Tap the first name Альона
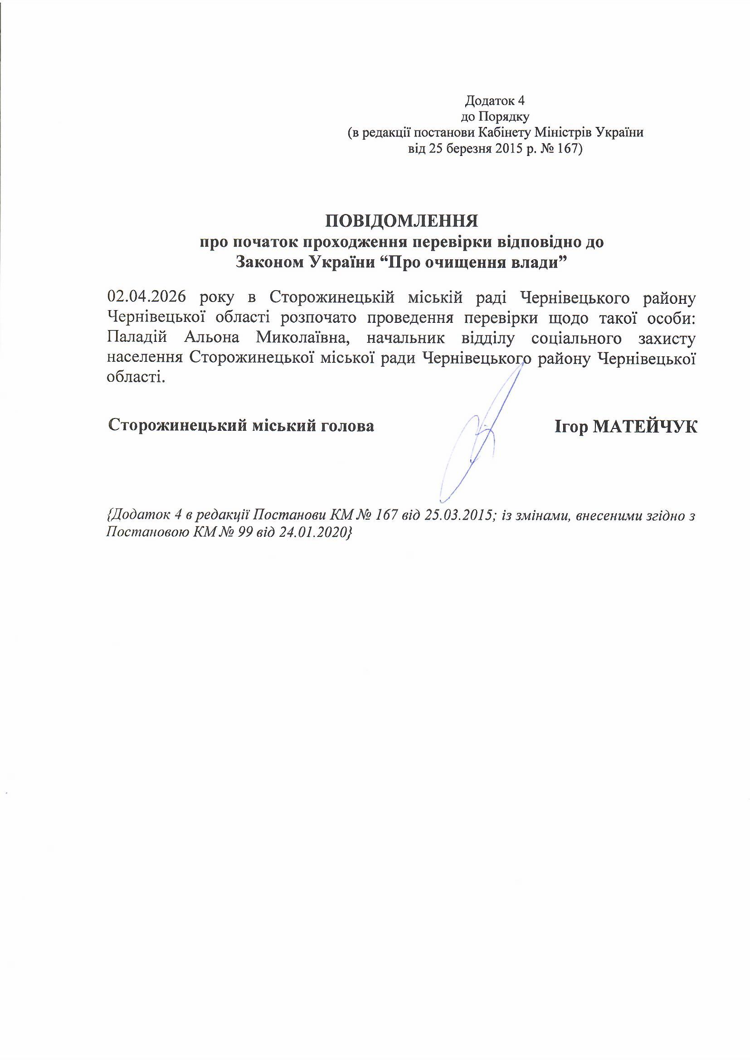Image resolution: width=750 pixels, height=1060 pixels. tap(212, 338)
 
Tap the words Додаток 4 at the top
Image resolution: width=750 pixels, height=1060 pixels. tap(496, 100)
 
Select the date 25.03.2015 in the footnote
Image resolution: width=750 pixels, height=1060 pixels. tap(458, 515)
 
